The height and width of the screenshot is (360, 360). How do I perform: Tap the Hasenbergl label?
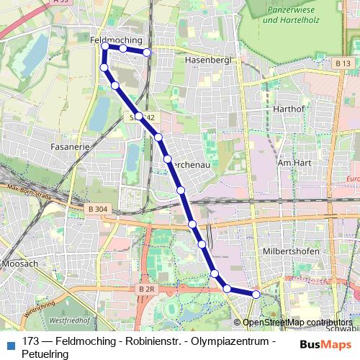pyautogui.click(x=207, y=60)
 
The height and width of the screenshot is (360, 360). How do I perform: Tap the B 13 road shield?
pyautogui.click(x=342, y=63)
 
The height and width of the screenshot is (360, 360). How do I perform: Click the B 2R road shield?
pyautogui.click(x=146, y=289)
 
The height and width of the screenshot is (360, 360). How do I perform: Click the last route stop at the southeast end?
pyautogui.click(x=256, y=294)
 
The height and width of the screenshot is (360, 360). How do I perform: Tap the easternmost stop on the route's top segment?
pyautogui.click(x=147, y=52)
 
